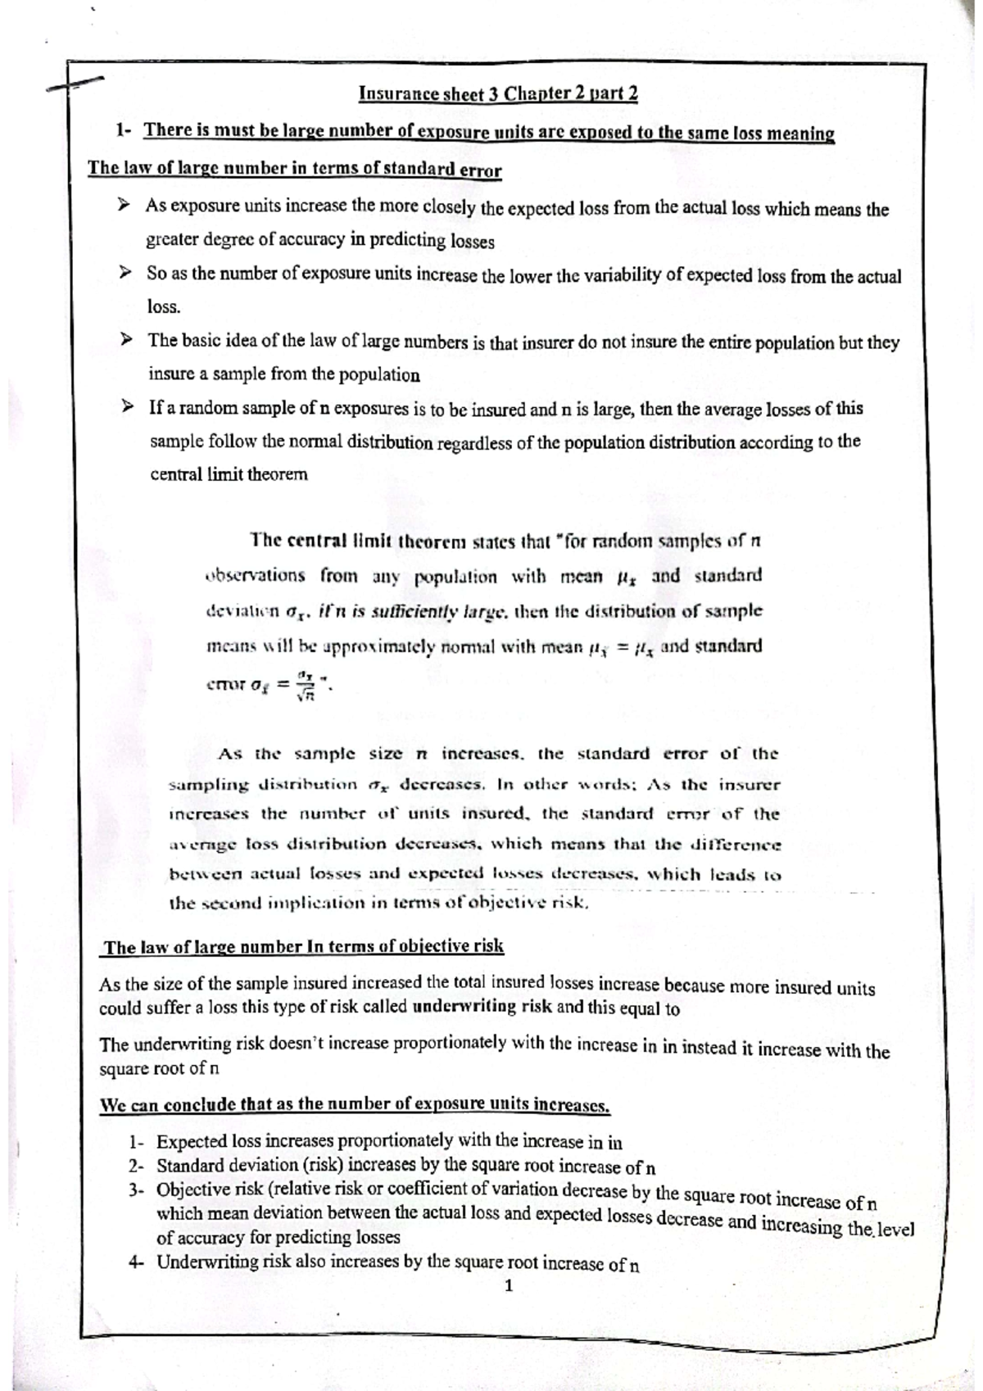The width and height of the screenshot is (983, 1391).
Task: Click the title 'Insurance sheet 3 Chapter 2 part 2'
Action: [x=498, y=93]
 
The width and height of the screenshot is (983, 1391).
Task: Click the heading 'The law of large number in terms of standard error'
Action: [x=294, y=170]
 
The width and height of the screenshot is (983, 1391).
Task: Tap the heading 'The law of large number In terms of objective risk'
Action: [x=303, y=947]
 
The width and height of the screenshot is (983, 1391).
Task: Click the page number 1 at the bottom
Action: [x=509, y=1285]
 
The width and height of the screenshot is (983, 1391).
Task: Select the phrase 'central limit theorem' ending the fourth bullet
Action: [x=229, y=474]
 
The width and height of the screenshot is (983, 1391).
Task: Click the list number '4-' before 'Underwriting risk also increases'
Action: [x=137, y=1262]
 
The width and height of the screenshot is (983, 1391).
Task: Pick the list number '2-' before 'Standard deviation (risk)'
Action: [x=137, y=1165]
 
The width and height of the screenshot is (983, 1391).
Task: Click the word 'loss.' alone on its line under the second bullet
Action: [x=164, y=307]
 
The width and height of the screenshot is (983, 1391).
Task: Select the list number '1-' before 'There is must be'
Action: [x=125, y=131]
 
